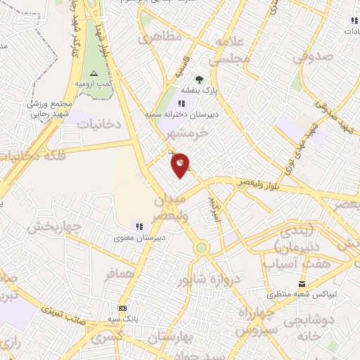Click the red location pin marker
[x=181, y=165]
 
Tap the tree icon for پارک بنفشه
[x=199, y=79]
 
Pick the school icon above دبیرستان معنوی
[x=139, y=226]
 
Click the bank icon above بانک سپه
[x=123, y=309]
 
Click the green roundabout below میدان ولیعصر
[x=202, y=247]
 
